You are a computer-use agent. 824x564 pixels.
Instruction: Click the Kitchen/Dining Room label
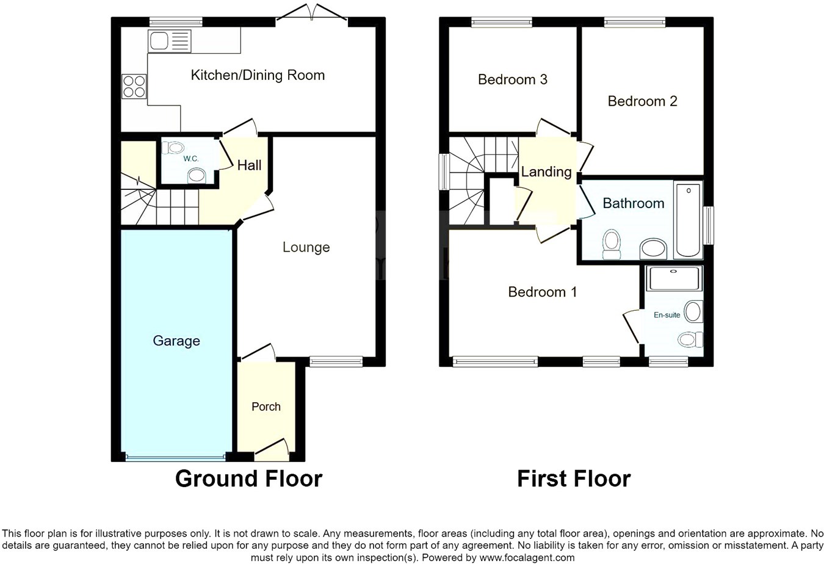click(258, 75)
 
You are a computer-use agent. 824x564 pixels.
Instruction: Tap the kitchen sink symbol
click(168, 41)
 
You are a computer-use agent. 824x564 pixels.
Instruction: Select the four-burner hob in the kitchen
click(134, 86)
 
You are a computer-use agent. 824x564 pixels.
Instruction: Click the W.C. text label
click(190, 159)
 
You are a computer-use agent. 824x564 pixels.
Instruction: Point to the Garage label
click(176, 341)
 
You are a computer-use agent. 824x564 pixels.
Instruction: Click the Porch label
click(266, 407)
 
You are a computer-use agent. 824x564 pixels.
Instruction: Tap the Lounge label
click(306, 247)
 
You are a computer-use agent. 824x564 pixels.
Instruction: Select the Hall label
click(249, 165)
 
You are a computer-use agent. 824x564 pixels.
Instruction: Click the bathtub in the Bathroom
click(688, 220)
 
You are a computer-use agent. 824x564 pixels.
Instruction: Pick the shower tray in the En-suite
click(674, 278)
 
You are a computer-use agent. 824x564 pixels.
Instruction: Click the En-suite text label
click(667, 315)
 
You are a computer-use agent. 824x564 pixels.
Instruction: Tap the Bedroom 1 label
click(542, 292)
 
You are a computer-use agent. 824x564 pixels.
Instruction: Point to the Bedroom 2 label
click(642, 101)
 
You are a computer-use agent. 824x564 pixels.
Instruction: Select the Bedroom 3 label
click(512, 79)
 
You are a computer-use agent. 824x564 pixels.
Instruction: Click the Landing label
click(546, 172)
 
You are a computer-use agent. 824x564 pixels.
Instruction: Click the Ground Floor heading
click(248, 479)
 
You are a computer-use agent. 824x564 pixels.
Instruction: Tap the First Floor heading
click(573, 479)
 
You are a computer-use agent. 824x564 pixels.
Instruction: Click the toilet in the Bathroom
click(611, 245)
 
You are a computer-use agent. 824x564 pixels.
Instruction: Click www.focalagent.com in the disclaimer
click(526, 557)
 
